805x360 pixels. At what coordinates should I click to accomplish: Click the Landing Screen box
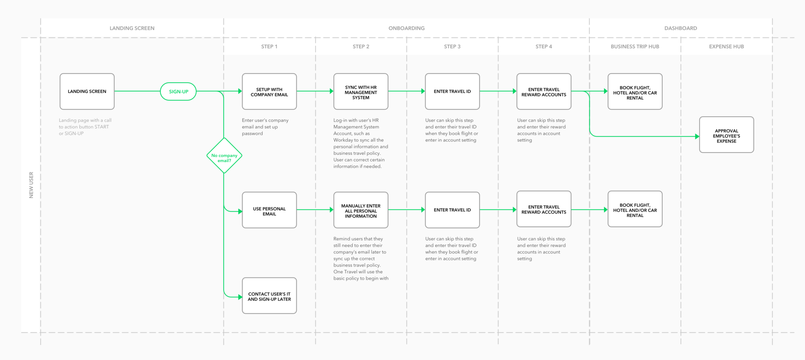[x=87, y=91]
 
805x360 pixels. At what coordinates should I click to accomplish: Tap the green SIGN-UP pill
[x=178, y=92]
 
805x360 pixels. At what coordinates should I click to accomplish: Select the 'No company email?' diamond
[x=224, y=156]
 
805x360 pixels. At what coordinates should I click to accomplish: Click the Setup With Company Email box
[x=269, y=91]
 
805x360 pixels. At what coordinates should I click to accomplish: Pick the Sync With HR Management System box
[x=361, y=91]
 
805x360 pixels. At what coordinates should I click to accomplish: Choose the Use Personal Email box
[x=269, y=210]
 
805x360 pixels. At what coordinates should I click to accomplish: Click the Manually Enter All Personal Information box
[x=361, y=210]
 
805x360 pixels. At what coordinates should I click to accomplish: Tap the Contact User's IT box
[x=269, y=296]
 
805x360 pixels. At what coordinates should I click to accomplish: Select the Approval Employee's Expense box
[x=726, y=134]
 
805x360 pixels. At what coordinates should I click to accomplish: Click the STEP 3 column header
[x=452, y=46]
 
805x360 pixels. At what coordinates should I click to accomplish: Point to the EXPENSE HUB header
[x=726, y=46]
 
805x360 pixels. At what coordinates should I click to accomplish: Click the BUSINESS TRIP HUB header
[x=635, y=46]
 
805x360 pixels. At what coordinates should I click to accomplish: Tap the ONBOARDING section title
[x=406, y=28]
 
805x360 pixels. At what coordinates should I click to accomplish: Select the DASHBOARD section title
[x=680, y=28]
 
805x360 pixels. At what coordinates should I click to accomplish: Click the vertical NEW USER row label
[x=31, y=185]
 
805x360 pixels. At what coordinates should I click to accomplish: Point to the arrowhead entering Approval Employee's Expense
[x=697, y=136]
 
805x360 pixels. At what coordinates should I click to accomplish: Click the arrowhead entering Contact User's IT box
[x=240, y=297]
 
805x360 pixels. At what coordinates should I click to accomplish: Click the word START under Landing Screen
[x=101, y=127]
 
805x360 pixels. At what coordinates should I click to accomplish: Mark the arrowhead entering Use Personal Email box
[x=240, y=211]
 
